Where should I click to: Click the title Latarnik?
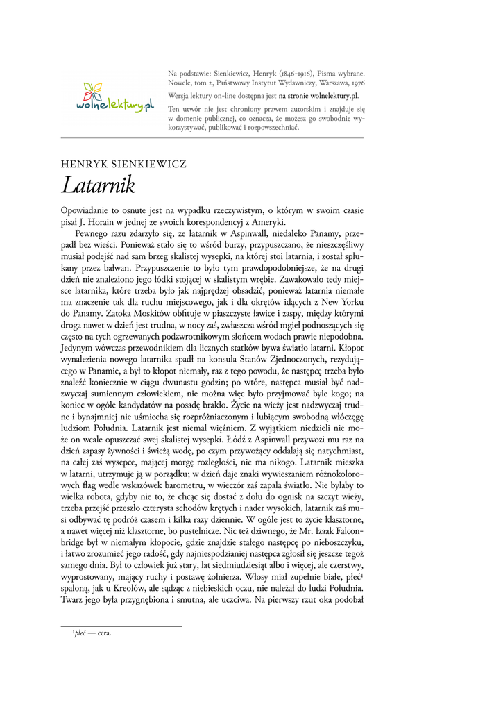98,185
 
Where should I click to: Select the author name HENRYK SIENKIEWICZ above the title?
123,165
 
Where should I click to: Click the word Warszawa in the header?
330,83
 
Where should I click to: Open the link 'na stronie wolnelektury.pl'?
318,95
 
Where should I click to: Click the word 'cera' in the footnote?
105,633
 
